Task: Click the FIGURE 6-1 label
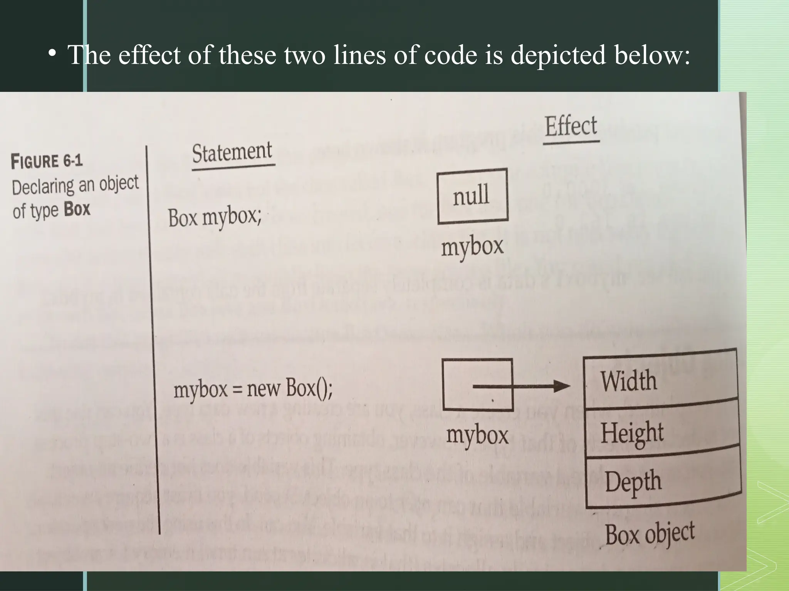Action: [47, 161]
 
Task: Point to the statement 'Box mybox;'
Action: [215, 217]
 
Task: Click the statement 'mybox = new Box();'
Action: [253, 388]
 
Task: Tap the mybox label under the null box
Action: [472, 247]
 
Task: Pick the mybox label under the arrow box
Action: [477, 435]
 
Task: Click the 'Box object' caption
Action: [650, 534]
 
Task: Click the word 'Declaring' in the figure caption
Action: [43, 187]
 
